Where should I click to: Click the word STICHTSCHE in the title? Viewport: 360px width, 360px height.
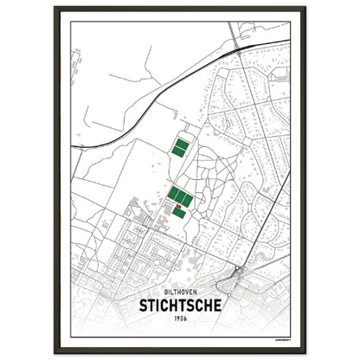180,305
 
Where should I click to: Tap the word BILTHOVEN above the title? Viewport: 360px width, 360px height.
180,292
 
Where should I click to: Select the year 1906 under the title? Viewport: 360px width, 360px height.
180,318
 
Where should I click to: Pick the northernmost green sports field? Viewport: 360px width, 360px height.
182,142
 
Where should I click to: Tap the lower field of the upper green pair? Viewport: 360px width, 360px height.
179,151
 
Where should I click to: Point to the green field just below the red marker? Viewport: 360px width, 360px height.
179,212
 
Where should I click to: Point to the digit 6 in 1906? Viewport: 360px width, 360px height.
185,318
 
